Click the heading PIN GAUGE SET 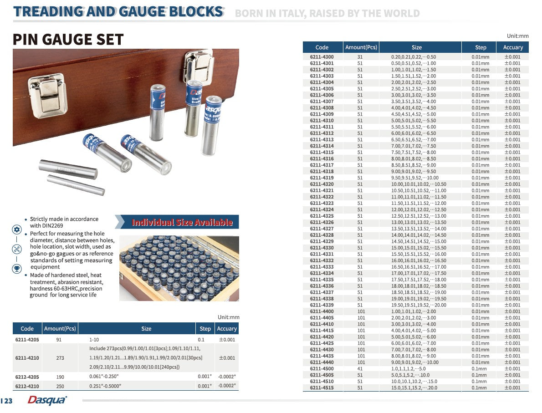(x=68, y=40)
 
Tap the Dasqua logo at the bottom (x=47, y=400)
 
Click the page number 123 (x=6, y=401)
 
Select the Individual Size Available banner (x=182, y=223)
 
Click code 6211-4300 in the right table (x=322, y=57)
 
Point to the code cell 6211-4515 (x=322, y=388)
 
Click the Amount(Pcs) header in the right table (x=361, y=47)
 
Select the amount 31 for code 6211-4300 (x=360, y=57)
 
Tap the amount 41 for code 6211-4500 (x=360, y=369)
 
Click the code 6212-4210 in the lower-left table (x=27, y=386)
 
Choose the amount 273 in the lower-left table (x=60, y=358)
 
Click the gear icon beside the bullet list (x=17, y=229)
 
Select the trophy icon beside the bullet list (x=17, y=268)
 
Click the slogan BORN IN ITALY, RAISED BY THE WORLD (x=327, y=13)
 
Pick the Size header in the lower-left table (x=146, y=329)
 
